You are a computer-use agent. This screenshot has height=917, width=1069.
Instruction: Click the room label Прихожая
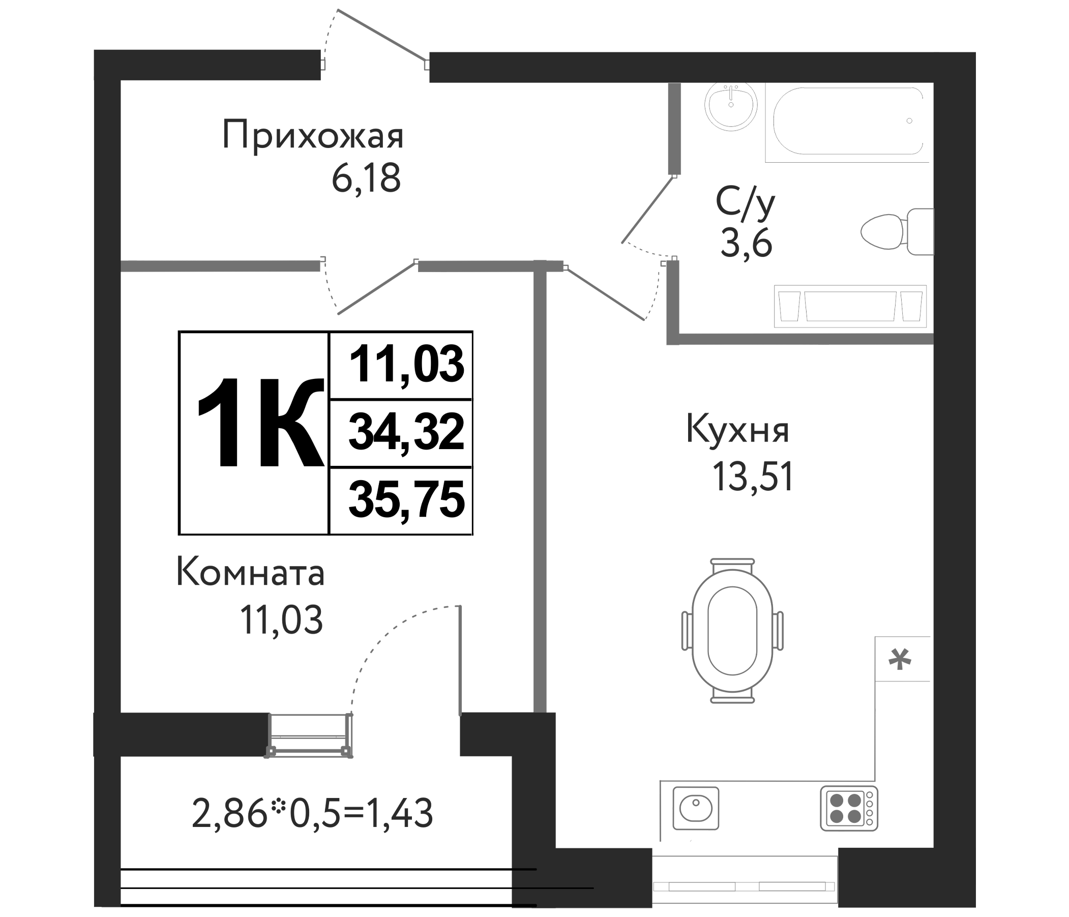click(x=313, y=135)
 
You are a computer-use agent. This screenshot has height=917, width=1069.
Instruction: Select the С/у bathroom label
click(x=745, y=203)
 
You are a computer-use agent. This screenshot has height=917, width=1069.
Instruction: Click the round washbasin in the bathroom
click(x=731, y=106)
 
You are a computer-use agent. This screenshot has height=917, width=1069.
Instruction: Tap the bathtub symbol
click(x=848, y=121)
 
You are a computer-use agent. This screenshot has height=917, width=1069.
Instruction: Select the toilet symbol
click(x=897, y=232)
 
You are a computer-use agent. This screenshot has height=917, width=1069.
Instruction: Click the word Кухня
click(x=737, y=429)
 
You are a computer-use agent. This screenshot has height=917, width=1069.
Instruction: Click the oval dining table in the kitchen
click(x=732, y=631)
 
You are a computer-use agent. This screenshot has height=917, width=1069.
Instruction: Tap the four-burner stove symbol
click(x=849, y=808)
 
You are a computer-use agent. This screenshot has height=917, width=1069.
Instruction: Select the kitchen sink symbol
click(x=696, y=808)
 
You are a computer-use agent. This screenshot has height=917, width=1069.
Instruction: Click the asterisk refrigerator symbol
click(x=900, y=660)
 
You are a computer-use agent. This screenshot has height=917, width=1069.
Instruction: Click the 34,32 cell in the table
click(x=406, y=432)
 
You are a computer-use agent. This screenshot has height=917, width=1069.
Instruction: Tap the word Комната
click(x=251, y=573)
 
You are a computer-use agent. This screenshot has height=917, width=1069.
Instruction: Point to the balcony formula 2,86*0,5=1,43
click(x=312, y=813)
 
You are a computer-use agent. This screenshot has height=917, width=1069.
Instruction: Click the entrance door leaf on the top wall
click(x=382, y=35)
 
